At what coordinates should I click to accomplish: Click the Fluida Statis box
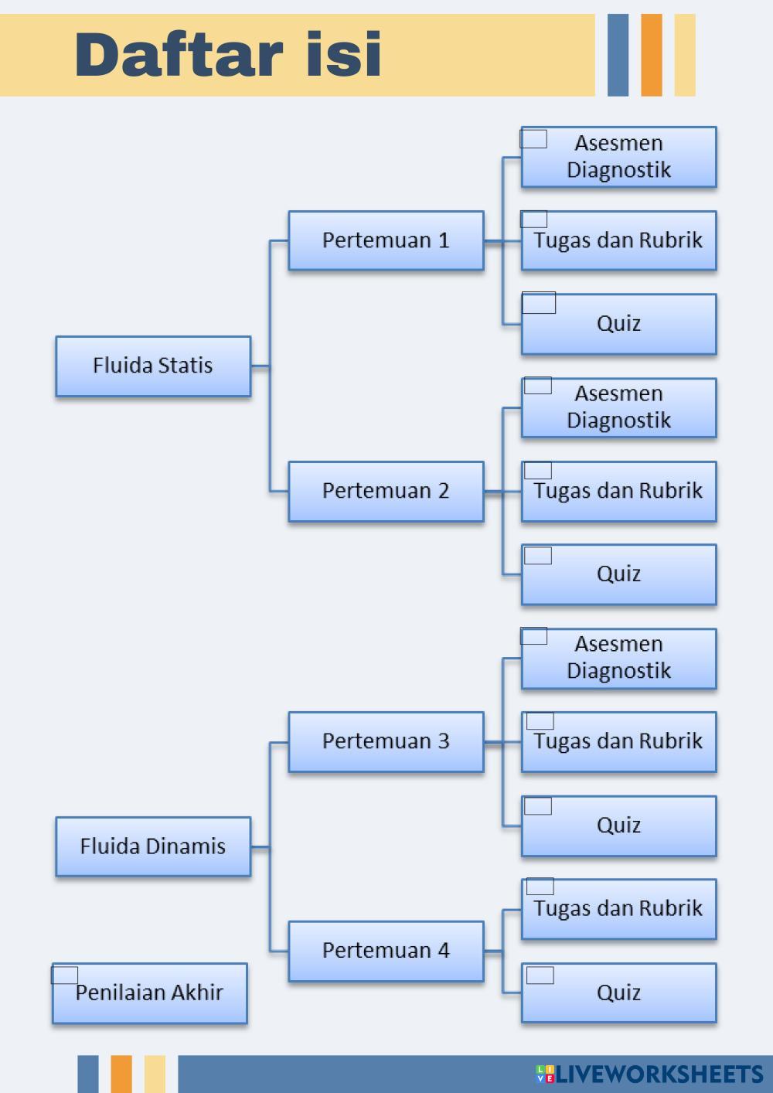pos(153,366)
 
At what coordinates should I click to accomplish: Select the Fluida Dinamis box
pos(153,846)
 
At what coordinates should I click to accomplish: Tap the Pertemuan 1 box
pos(386,240)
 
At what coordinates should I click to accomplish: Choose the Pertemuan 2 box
pos(386,491)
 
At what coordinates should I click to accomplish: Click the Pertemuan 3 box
pos(386,741)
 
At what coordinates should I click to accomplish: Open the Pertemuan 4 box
pos(386,951)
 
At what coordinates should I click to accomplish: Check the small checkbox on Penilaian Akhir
pos(65,975)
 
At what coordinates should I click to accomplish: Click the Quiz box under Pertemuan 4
pos(619,993)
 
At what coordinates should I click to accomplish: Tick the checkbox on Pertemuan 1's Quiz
pos(539,303)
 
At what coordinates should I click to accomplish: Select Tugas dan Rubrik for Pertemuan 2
pos(619,491)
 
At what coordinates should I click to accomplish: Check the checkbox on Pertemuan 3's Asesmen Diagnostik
pos(534,636)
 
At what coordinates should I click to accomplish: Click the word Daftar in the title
pos(178,55)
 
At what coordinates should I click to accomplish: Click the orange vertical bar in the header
pos(652,55)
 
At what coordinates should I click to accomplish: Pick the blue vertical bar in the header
pos(618,55)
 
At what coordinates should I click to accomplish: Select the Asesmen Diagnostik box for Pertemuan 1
pos(619,157)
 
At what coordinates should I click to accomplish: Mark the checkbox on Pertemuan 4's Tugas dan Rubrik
pos(540,887)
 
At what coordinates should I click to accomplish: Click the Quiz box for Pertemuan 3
pos(619,826)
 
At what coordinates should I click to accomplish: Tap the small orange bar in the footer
pos(121,1074)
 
